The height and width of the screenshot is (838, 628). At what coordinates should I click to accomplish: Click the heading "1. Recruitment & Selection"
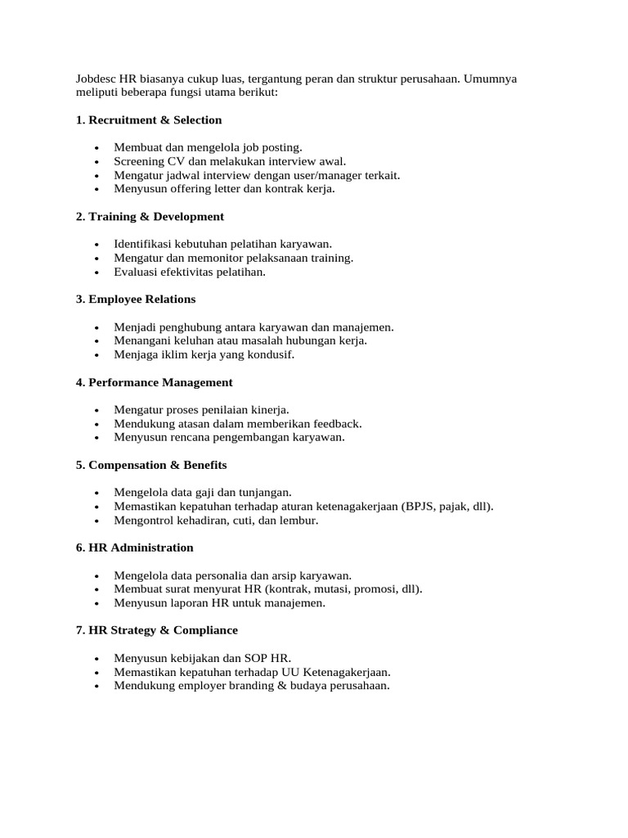pos(149,120)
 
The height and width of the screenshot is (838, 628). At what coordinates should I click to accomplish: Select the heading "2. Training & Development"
pos(150,217)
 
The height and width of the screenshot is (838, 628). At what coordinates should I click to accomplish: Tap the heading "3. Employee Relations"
pos(136,300)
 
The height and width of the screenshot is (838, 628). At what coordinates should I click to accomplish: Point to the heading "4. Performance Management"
pos(155,382)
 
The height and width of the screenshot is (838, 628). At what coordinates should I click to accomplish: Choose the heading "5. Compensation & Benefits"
pos(151,465)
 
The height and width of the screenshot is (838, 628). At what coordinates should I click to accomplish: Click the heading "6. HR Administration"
pos(135,547)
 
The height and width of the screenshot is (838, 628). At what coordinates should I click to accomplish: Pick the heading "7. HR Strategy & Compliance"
pos(157,630)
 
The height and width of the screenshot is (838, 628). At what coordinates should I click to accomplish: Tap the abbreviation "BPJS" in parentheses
pos(419,507)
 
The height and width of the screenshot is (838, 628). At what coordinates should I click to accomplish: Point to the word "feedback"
pos(337,424)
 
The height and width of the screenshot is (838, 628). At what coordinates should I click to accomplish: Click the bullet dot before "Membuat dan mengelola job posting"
pos(96,148)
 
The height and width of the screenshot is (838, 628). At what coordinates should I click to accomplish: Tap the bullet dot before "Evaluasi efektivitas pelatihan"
pos(96,273)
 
